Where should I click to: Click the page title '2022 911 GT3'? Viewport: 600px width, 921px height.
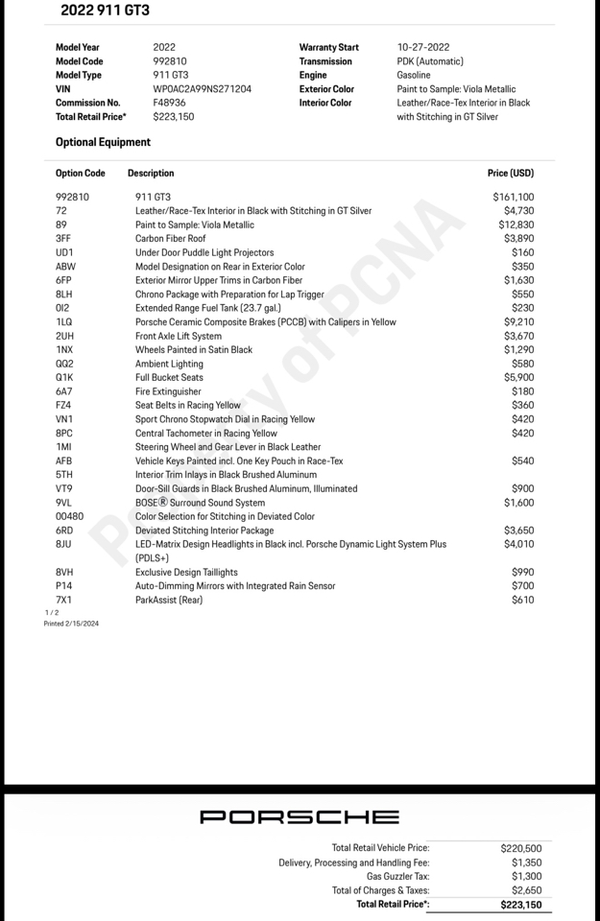[105, 11]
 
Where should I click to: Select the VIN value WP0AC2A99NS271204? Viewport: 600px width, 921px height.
[202, 89]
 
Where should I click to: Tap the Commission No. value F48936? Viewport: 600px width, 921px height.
[169, 103]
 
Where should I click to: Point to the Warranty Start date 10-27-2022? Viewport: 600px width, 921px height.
[423, 47]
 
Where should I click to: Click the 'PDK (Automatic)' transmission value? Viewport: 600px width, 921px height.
[430, 61]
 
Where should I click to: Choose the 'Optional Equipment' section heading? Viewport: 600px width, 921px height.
[103, 142]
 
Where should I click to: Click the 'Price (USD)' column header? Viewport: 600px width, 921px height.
[510, 174]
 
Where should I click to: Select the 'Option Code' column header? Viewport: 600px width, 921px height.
[80, 174]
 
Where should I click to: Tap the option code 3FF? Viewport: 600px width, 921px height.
[63, 238]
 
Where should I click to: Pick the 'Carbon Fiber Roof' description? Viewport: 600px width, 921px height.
[170, 239]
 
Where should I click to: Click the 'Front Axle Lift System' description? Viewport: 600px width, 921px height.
[179, 337]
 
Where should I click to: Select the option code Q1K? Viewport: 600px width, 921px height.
[64, 378]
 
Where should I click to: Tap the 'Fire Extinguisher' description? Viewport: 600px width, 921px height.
[168, 391]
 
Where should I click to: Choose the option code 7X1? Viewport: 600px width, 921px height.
[63, 600]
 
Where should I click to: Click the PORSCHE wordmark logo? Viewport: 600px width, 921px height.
[300, 817]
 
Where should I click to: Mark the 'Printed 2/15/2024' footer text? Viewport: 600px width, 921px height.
[71, 624]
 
